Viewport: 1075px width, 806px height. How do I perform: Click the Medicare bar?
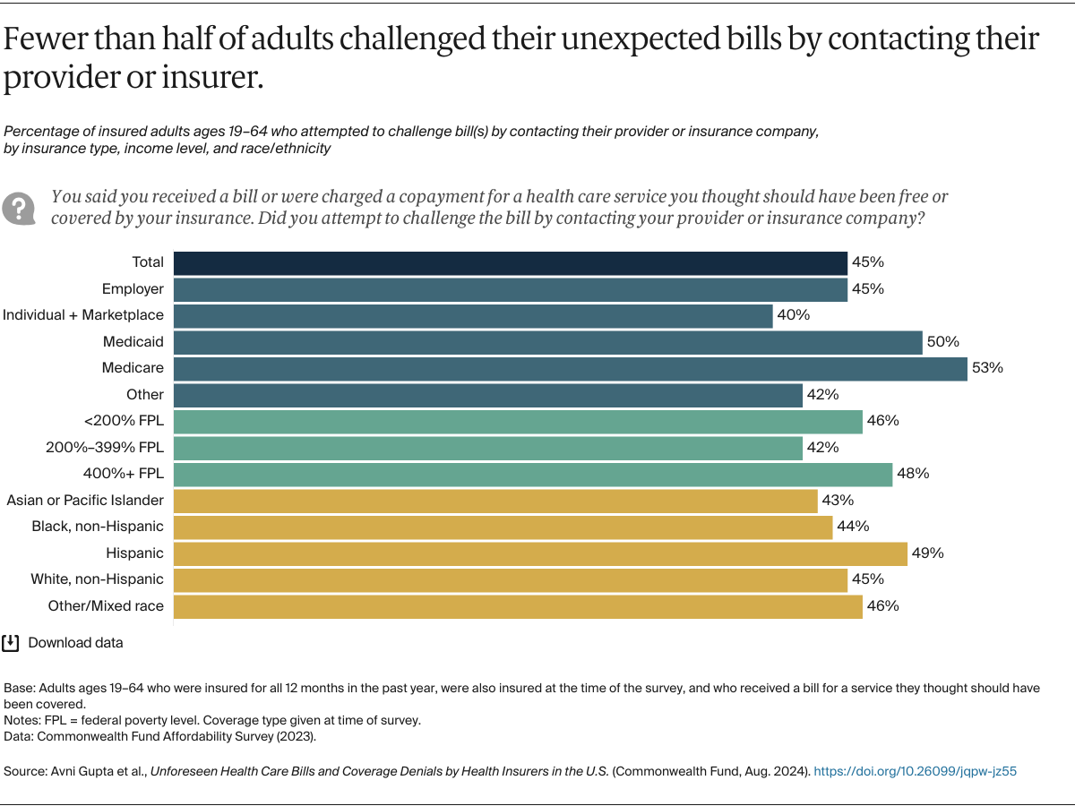(570, 368)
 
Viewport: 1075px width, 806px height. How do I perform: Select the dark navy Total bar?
(510, 262)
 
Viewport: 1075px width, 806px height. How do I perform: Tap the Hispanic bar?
(539, 553)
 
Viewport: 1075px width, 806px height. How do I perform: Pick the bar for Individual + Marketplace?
(472, 315)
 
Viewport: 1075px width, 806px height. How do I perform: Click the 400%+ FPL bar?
(532, 474)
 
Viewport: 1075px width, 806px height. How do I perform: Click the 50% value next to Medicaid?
(943, 342)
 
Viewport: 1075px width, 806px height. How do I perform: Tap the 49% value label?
(928, 553)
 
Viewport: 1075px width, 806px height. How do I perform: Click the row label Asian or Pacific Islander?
(85, 500)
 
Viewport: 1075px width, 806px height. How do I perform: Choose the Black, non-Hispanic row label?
(98, 527)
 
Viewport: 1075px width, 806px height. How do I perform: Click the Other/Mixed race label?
(106, 606)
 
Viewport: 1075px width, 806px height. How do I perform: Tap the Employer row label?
(133, 288)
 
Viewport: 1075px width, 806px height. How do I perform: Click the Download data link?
(75, 643)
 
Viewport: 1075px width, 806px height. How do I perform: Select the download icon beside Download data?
(11, 642)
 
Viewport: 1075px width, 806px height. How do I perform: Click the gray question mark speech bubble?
(18, 208)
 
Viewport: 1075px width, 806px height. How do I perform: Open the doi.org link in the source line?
(915, 770)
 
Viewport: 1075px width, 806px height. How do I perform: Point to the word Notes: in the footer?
(24, 720)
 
